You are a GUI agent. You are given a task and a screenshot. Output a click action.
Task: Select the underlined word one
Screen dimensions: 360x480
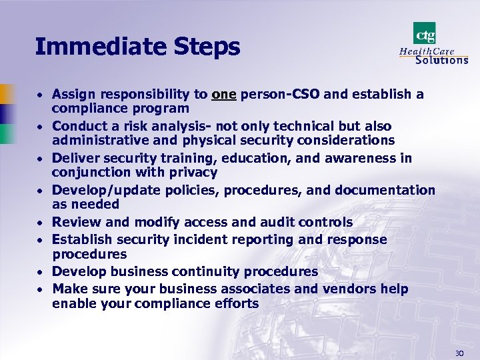[224, 95]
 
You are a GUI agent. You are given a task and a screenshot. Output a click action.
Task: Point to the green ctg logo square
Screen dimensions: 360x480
[425, 33]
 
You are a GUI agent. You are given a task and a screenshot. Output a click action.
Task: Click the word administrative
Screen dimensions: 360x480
[99, 141]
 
